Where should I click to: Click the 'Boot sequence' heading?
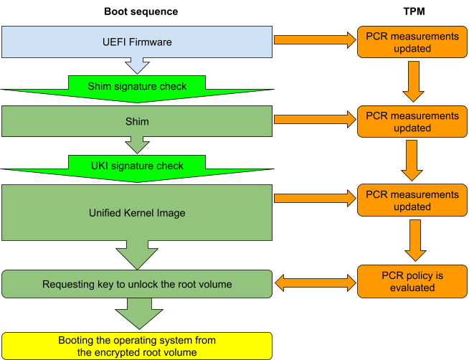[x=141, y=11]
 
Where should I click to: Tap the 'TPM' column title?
[x=414, y=11]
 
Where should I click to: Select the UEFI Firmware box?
[x=137, y=42]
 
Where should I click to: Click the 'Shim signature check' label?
[x=137, y=86]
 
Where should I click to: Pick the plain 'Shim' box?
[x=137, y=121]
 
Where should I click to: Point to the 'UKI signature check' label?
[x=137, y=166]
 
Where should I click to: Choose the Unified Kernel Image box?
[x=137, y=212]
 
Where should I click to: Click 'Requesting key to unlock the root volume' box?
[x=137, y=284]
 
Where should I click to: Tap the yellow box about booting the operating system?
[x=137, y=346]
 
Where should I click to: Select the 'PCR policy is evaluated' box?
[x=412, y=281]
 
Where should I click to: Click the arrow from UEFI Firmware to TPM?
[x=315, y=39]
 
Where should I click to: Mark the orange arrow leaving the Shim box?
[x=315, y=120]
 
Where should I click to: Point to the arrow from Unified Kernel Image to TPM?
[x=315, y=198]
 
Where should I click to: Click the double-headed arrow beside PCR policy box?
[x=316, y=283]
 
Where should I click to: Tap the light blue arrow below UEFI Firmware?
[x=137, y=66]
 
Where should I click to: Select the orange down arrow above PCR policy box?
[x=415, y=240]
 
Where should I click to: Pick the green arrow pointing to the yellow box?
[x=139, y=313]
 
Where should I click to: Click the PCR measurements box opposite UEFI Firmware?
[x=412, y=42]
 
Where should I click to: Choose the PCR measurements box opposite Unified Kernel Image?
[x=412, y=200]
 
